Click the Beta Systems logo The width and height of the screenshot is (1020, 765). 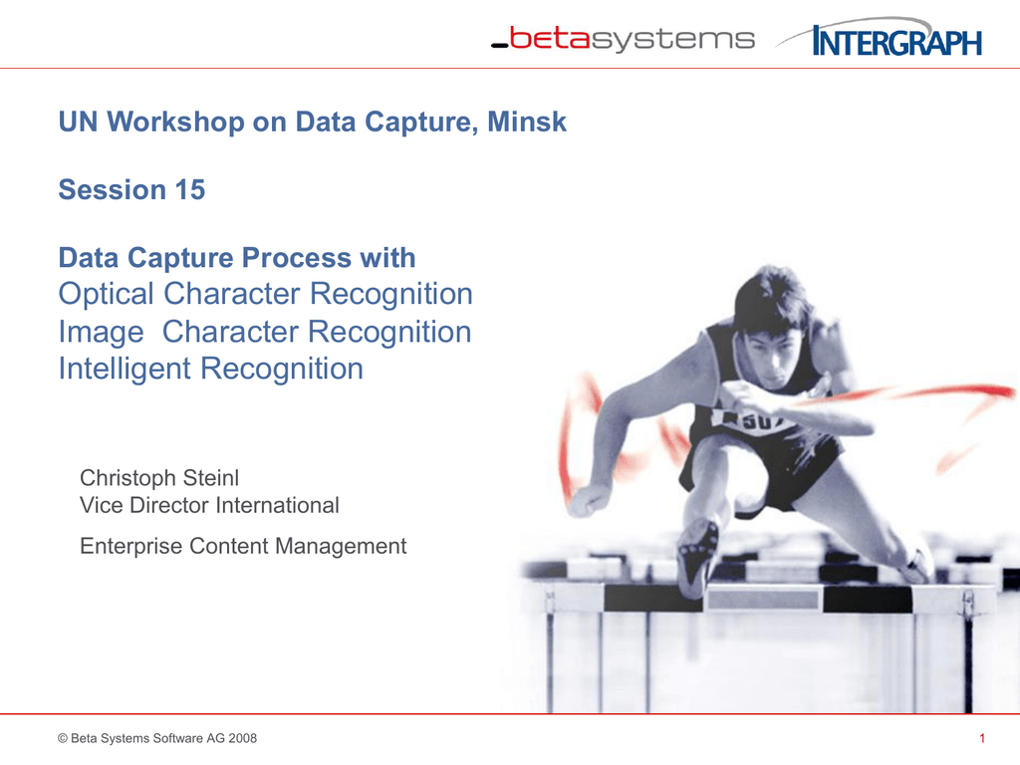[624, 40]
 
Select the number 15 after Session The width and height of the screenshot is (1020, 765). [189, 189]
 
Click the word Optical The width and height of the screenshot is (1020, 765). [107, 295]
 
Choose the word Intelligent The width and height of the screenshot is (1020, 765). [126, 369]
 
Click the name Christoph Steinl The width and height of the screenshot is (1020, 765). [159, 477]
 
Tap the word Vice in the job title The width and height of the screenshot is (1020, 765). [101, 505]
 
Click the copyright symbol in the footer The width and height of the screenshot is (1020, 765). [64, 738]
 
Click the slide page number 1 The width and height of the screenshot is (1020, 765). [982, 738]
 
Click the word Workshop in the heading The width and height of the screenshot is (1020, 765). [176, 123]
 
